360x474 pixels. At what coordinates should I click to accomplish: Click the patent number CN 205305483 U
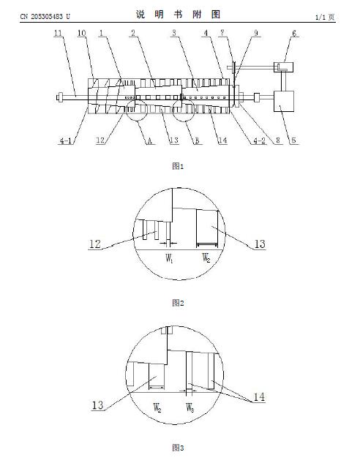(x=45, y=16)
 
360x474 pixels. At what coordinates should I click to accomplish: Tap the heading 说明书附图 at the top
(x=178, y=14)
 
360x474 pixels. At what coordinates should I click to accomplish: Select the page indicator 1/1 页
(x=325, y=17)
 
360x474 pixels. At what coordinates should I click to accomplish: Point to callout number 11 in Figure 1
(x=58, y=33)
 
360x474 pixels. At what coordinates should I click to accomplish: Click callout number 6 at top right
(x=294, y=33)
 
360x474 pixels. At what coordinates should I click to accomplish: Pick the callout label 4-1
(x=65, y=140)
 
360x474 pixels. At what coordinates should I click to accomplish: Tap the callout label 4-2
(x=259, y=140)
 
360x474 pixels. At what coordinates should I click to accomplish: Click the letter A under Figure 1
(x=149, y=140)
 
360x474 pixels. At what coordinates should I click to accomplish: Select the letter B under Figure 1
(x=197, y=140)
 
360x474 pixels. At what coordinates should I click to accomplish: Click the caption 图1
(x=178, y=165)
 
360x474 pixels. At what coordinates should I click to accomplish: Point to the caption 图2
(x=178, y=303)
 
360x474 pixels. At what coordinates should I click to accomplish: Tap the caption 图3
(x=178, y=448)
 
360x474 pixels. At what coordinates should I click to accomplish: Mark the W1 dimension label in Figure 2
(x=169, y=259)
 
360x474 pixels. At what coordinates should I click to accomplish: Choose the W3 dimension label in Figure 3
(x=190, y=408)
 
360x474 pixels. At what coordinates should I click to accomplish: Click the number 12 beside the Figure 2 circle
(x=95, y=244)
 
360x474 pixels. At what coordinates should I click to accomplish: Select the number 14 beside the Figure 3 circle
(x=259, y=397)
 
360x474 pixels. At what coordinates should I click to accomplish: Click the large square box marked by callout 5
(x=283, y=101)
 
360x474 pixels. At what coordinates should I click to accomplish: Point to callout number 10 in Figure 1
(x=82, y=33)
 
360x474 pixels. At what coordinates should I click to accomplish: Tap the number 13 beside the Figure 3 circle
(x=97, y=405)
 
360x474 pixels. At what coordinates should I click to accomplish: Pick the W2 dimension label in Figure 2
(x=206, y=258)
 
